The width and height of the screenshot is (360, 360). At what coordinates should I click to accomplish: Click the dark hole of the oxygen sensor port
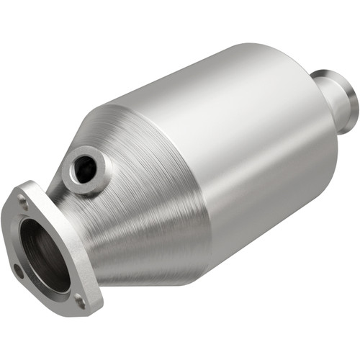coord(85,169)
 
